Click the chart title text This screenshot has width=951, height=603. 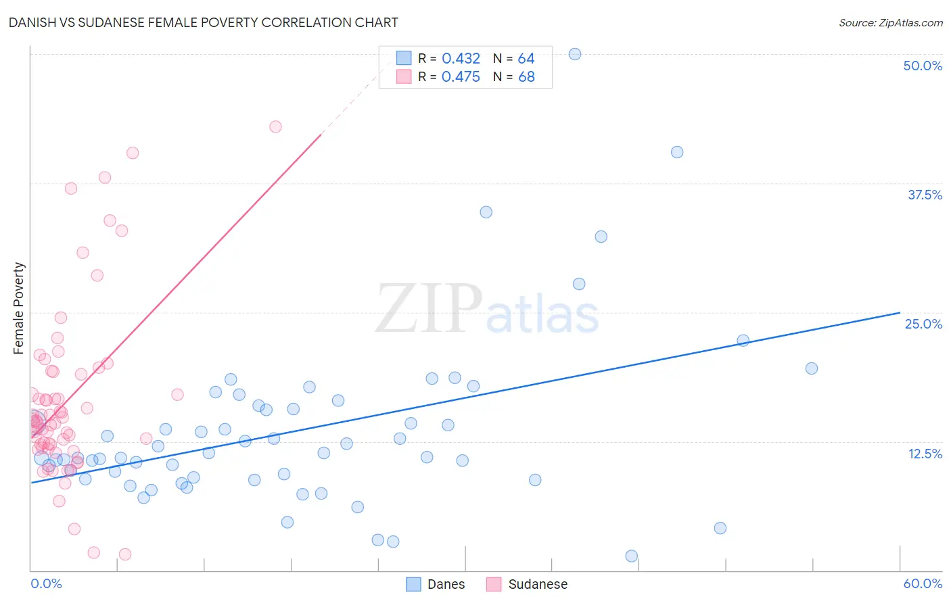[204, 22]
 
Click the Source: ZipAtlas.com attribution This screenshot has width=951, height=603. [890, 22]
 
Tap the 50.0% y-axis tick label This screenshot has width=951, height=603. [922, 66]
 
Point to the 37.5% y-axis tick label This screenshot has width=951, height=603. [925, 195]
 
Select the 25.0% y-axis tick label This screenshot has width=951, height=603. [923, 324]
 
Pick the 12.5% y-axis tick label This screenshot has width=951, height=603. [925, 454]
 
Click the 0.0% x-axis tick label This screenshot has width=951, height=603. [46, 583]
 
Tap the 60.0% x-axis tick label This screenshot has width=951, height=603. [923, 583]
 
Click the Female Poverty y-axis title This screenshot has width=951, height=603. [19, 308]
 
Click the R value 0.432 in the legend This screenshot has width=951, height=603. [461, 59]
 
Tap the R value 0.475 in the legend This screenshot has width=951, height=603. [461, 77]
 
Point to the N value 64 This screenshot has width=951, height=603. [526, 59]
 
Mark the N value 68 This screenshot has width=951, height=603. [526, 77]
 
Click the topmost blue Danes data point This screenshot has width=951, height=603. [575, 54]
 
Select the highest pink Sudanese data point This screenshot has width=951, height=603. [275, 126]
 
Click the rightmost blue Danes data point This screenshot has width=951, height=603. [812, 368]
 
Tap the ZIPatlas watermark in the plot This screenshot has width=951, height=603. [487, 309]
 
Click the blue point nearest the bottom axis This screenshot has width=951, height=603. [632, 556]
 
